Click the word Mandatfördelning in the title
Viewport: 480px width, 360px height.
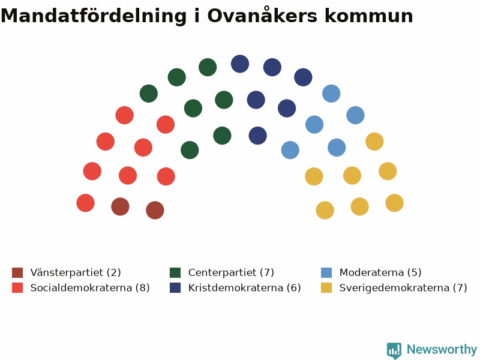pyautogui.click(x=94, y=16)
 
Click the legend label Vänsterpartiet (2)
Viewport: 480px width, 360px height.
pyautogui.click(x=76, y=272)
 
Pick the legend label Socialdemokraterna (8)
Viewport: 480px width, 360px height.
pyautogui.click(x=90, y=288)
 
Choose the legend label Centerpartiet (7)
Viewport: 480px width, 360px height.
pyautogui.click(x=231, y=272)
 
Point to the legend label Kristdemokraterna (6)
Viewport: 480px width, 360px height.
pyautogui.click(x=245, y=288)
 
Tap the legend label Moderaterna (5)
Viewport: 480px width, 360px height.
pyautogui.click(x=380, y=272)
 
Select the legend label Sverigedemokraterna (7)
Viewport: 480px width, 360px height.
pyautogui.click(x=403, y=288)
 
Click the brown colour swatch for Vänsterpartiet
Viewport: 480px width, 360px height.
pyautogui.click(x=17, y=272)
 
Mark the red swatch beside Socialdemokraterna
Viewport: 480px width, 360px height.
pyautogui.click(x=17, y=288)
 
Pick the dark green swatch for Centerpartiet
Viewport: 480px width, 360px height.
pyautogui.click(x=175, y=272)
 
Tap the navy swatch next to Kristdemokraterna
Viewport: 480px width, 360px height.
pyautogui.click(x=175, y=288)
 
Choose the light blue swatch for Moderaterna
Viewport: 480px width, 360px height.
pyautogui.click(x=326, y=272)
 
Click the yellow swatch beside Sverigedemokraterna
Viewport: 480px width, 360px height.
pyautogui.click(x=326, y=288)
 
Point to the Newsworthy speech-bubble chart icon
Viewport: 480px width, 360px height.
pyautogui.click(x=394, y=350)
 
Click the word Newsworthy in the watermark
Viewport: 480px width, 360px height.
pyautogui.click(x=442, y=349)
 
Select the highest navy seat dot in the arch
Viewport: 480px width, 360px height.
pyautogui.click(x=240, y=64)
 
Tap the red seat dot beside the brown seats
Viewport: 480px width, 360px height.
pyautogui.click(x=85, y=203)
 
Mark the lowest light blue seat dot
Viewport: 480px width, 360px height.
pyautogui.click(x=290, y=150)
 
